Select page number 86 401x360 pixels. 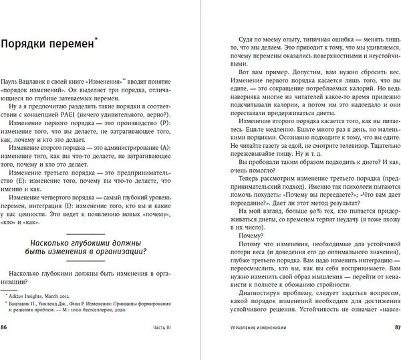6,346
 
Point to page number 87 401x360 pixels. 394,346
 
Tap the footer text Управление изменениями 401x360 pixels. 249,346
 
